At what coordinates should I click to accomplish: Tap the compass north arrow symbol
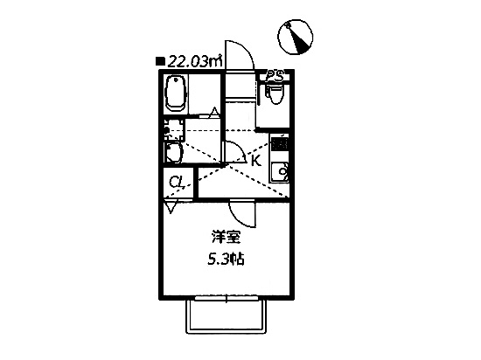(296, 37)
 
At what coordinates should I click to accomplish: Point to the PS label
(275, 76)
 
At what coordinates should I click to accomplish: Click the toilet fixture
(275, 92)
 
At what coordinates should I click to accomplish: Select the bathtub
(176, 93)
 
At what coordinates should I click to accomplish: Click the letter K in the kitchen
(256, 160)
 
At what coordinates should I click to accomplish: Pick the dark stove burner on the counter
(279, 144)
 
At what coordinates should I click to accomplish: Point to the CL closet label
(177, 183)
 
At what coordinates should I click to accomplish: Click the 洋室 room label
(227, 237)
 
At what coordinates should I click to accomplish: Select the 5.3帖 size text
(227, 260)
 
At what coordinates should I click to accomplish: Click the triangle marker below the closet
(171, 206)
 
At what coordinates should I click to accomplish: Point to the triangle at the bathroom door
(214, 112)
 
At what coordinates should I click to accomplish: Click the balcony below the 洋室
(227, 315)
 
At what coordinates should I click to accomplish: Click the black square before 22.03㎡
(160, 61)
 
